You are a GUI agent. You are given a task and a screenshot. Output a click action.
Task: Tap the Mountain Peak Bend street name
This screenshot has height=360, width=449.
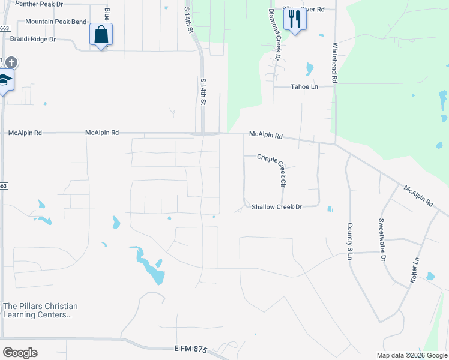[x=56, y=22]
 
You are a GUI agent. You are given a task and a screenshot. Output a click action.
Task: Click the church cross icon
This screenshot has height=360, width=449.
[x=12, y=62]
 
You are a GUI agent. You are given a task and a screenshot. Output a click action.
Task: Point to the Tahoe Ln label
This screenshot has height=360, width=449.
[x=304, y=86]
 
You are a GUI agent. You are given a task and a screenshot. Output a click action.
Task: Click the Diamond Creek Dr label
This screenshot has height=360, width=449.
[x=274, y=35]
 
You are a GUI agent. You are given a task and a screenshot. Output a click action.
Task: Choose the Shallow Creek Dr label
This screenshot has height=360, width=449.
[x=276, y=206]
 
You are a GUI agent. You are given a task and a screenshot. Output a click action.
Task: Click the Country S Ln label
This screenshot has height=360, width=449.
[x=349, y=241]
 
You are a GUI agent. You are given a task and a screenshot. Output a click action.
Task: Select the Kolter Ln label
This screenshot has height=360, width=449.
[x=414, y=270]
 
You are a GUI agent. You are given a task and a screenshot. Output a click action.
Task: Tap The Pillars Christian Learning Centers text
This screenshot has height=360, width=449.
[x=40, y=310]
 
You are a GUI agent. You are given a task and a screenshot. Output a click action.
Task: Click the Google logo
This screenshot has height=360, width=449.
[x=20, y=353]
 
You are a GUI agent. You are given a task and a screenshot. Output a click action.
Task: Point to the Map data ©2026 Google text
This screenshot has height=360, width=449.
[x=411, y=355]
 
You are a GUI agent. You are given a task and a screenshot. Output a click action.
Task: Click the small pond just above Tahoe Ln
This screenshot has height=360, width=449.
[x=310, y=68]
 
